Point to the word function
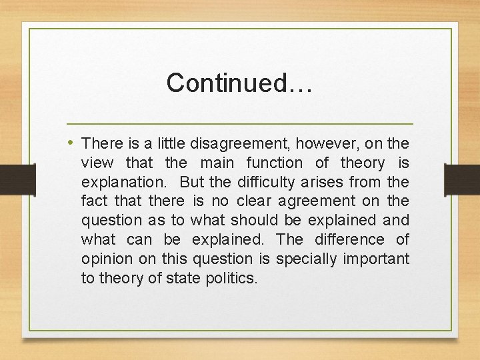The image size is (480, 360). [x=274, y=163]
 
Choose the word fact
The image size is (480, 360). [x=93, y=201]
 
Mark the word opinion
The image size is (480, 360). [x=105, y=259]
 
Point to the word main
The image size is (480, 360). [x=217, y=163]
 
